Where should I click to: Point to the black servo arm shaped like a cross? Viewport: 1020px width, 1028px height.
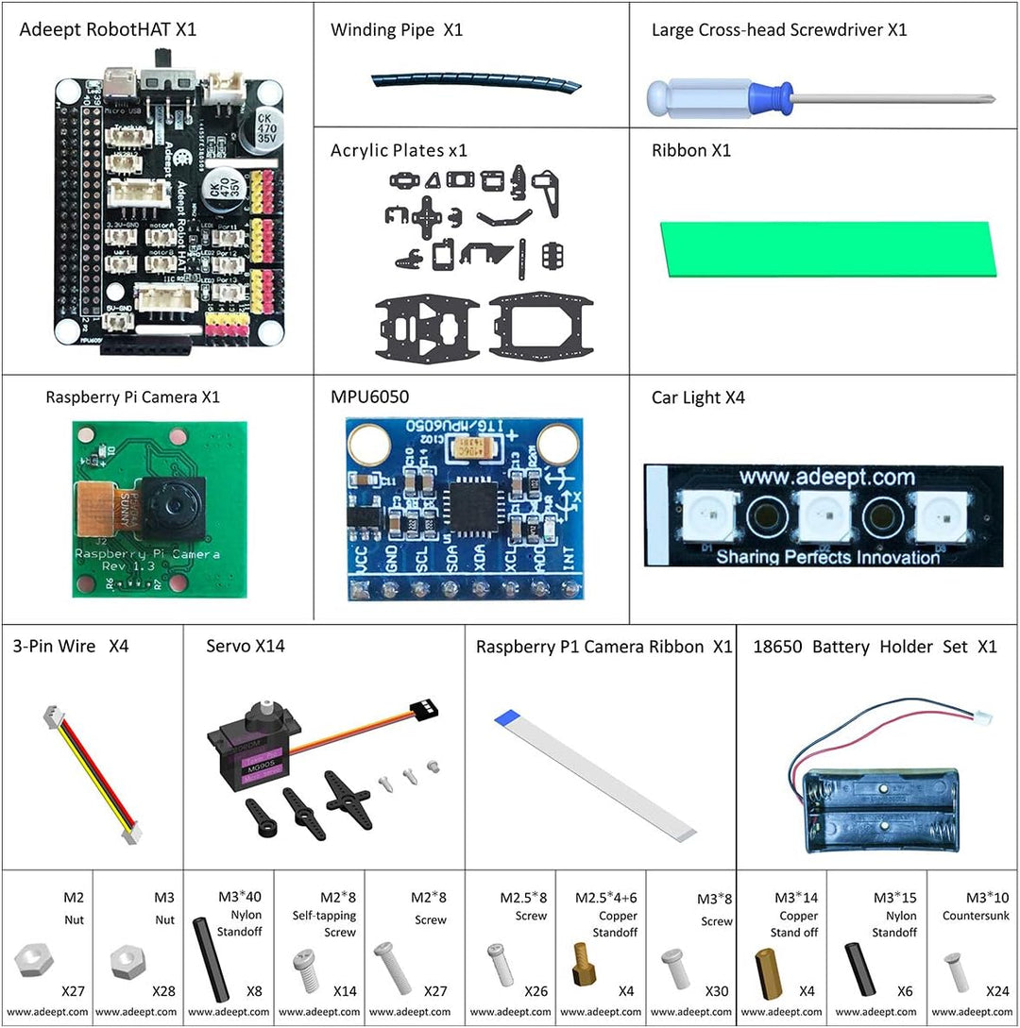click(342, 793)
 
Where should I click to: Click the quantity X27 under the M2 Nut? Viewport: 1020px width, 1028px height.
click(73, 991)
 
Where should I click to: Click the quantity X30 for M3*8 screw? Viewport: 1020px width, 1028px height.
click(717, 991)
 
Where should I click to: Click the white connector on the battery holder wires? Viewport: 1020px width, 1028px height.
click(984, 716)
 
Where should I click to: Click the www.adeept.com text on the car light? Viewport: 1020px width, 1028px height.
click(826, 477)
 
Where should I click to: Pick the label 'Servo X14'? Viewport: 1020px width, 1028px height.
click(245, 647)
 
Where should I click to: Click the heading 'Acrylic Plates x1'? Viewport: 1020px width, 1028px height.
click(399, 150)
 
